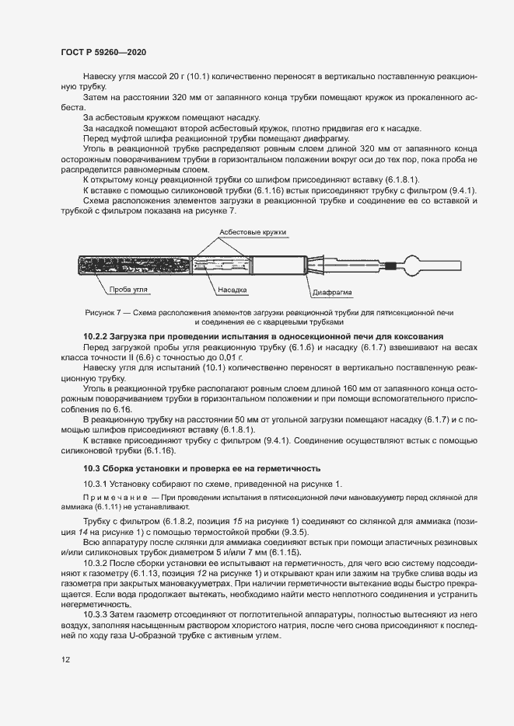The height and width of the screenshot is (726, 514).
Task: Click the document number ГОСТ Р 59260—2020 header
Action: pyautogui.click(x=103, y=52)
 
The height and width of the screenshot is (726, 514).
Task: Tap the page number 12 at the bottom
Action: pyautogui.click(x=65, y=660)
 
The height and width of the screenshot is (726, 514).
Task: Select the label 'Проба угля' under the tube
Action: pyautogui.click(x=128, y=289)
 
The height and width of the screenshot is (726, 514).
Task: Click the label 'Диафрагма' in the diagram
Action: pyautogui.click(x=332, y=294)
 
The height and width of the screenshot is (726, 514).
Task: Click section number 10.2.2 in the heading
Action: pyautogui.click(x=97, y=335)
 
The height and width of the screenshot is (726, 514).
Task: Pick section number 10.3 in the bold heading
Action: pyautogui.click(x=91, y=468)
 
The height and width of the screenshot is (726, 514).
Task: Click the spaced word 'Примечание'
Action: pyautogui.click(x=110, y=497)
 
